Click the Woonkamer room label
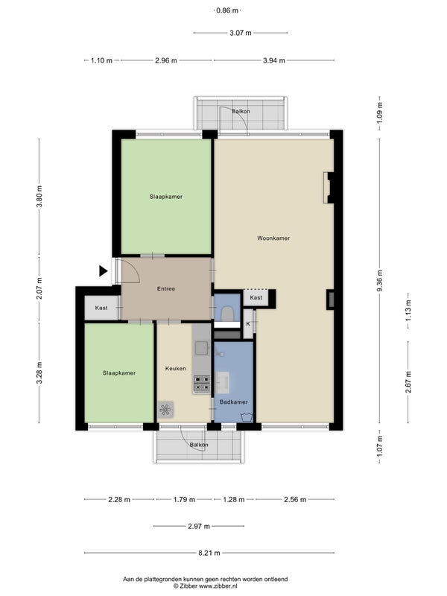(273, 238)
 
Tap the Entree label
(166, 289)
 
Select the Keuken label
(176, 368)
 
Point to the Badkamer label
(234, 402)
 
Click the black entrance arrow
(103, 271)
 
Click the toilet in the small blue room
(227, 314)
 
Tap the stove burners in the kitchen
(202, 384)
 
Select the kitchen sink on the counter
(201, 348)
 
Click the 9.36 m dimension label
(380, 281)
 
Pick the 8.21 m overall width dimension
(209, 553)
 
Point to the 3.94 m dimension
(274, 60)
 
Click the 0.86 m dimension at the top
(227, 10)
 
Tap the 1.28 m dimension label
(234, 499)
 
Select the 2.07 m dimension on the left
(39, 288)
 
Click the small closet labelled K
(248, 324)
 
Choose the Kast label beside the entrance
(101, 308)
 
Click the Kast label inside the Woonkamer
(256, 297)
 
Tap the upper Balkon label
(241, 111)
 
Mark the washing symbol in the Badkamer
(247, 416)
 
